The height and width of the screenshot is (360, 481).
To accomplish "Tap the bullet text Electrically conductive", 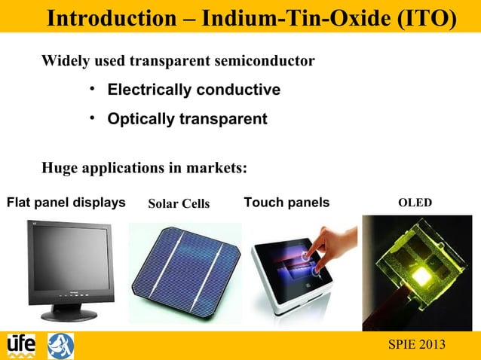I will pyautogui.click(x=194, y=90).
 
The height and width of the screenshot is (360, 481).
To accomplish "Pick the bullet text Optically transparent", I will pyautogui.click(x=187, y=119).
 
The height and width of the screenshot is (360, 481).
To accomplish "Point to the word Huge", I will pyautogui.click(x=60, y=167).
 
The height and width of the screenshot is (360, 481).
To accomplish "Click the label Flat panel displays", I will pyautogui.click(x=66, y=203).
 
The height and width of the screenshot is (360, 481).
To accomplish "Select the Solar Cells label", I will pyautogui.click(x=179, y=203).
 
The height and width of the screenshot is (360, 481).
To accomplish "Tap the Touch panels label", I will pyautogui.click(x=286, y=203).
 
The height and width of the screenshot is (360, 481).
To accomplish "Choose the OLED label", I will pyautogui.click(x=415, y=203).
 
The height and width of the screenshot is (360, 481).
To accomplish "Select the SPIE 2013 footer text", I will pyautogui.click(x=415, y=344).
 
